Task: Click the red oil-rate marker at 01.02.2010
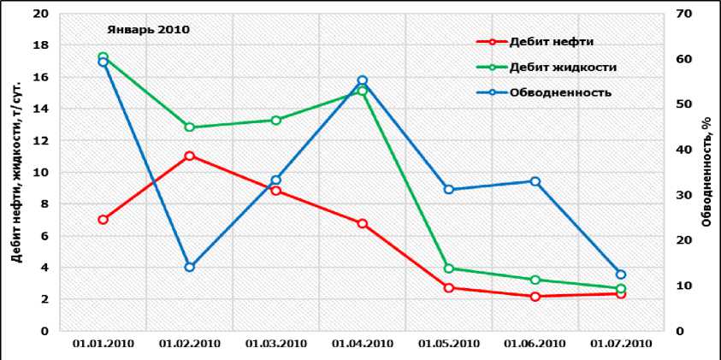pos(189,156)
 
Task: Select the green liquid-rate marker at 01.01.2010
pos(103,57)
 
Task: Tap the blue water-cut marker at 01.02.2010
pos(189,267)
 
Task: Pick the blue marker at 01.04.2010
pos(362,80)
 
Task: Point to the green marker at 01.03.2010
pos(275,121)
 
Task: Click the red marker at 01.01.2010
pos(103,220)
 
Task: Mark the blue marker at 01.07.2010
pos(621,274)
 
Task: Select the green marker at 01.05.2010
pos(448,269)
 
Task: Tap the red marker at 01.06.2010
pos(535,297)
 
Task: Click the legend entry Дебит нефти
pos(551,41)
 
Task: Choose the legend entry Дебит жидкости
pos(562,67)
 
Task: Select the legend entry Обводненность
pos(559,92)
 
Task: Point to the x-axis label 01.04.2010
pos(362,344)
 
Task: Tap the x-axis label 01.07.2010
pos(621,344)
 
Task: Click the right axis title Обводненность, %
pos(707,171)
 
